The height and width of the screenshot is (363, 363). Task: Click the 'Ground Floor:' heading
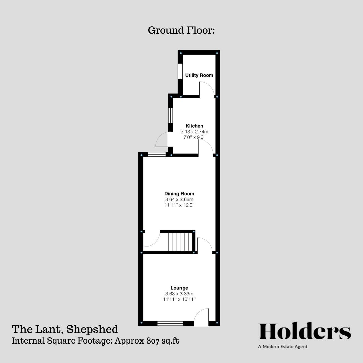click(x=181, y=30)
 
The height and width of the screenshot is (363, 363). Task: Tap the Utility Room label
click(x=199, y=75)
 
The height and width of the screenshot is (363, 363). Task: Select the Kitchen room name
click(x=194, y=126)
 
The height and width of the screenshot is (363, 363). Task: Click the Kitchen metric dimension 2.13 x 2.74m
click(x=194, y=132)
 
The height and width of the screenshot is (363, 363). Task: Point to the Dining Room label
click(x=179, y=194)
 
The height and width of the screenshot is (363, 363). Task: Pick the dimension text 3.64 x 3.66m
click(x=179, y=199)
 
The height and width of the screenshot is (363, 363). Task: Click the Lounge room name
click(x=179, y=288)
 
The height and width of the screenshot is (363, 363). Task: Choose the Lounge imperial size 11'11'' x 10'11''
click(x=179, y=299)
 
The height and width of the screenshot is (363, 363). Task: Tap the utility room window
click(x=180, y=71)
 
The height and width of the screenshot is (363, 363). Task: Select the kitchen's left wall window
click(x=170, y=115)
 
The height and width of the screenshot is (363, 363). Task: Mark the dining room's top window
click(x=157, y=155)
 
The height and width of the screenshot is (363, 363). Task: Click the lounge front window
click(x=170, y=323)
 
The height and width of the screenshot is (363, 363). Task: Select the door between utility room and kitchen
click(x=207, y=89)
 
